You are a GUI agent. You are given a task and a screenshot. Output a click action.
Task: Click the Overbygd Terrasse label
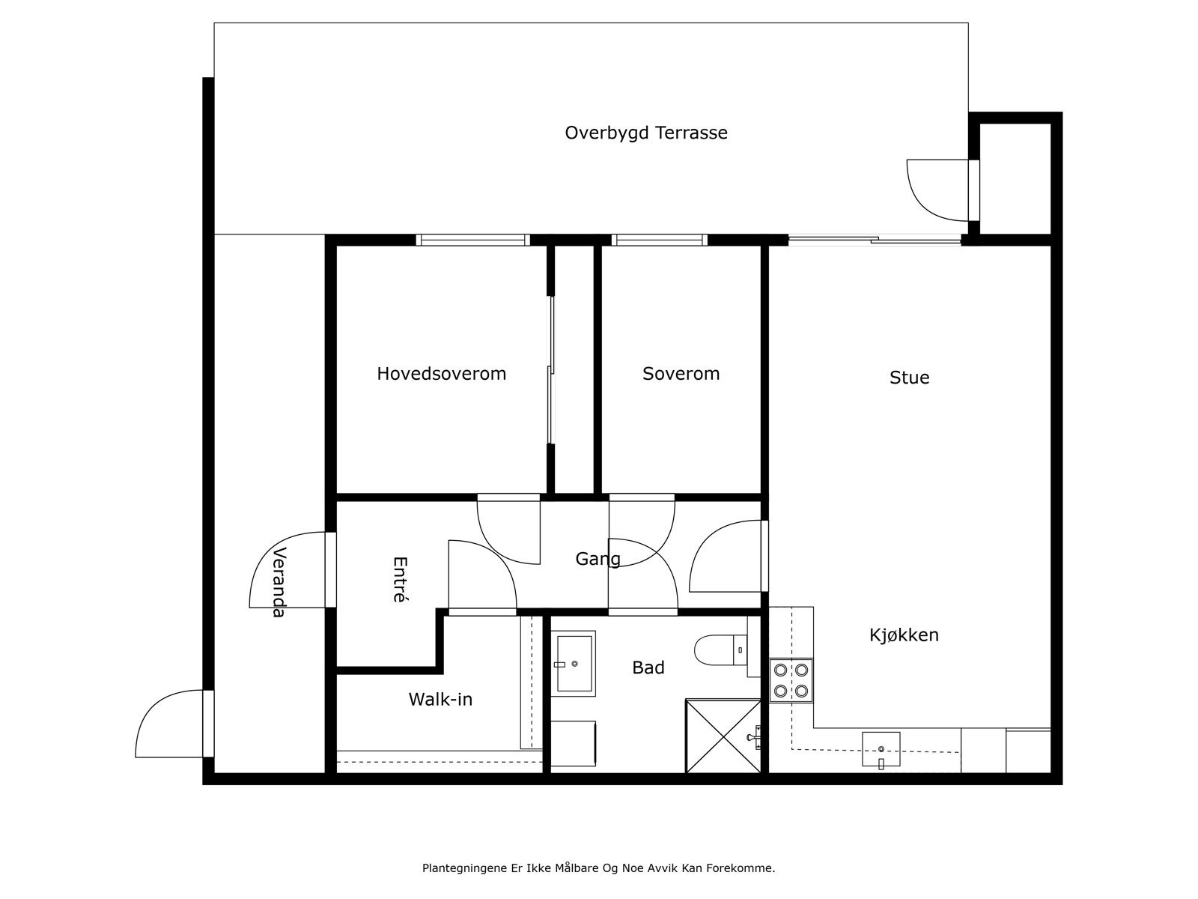(x=645, y=133)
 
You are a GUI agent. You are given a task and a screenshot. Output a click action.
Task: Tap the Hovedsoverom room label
(x=442, y=374)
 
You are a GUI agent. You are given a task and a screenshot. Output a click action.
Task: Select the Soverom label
(x=681, y=374)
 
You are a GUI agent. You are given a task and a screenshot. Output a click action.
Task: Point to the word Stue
(x=909, y=378)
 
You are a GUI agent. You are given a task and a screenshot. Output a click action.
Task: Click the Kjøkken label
(x=904, y=635)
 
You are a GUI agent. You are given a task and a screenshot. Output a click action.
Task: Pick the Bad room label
(x=648, y=668)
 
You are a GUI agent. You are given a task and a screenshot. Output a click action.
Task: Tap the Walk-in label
(x=440, y=699)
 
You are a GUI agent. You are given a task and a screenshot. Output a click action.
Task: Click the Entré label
(x=401, y=579)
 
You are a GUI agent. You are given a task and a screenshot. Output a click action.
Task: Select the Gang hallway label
(x=598, y=560)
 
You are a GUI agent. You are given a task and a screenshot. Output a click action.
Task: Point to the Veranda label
(x=279, y=582)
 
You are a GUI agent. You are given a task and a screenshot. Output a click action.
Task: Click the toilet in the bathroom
(x=721, y=650)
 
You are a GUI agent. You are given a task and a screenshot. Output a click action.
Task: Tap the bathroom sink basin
(x=573, y=663)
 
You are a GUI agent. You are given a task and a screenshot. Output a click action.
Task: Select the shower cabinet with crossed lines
(x=723, y=736)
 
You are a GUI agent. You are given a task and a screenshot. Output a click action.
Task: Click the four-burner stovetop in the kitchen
(x=791, y=680)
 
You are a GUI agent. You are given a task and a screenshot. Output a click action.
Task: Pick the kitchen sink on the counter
(x=881, y=749)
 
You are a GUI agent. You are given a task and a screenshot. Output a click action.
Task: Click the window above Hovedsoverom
(x=472, y=240)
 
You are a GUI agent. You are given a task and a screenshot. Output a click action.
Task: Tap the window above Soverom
(x=660, y=240)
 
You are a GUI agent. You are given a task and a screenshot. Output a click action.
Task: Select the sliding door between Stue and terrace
(x=875, y=239)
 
